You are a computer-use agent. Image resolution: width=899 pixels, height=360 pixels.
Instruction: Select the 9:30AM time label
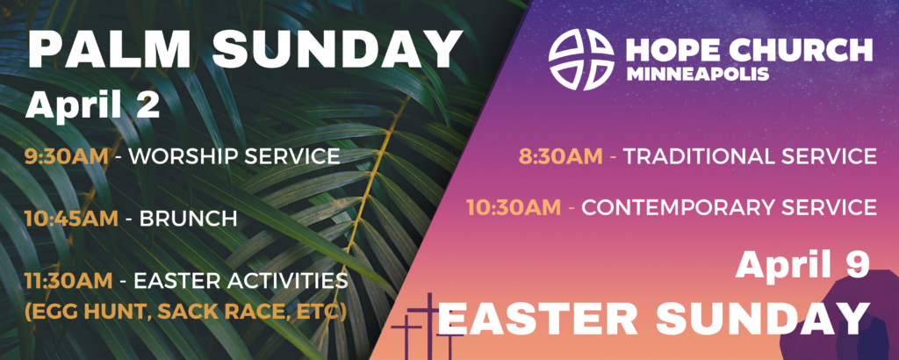(67, 156)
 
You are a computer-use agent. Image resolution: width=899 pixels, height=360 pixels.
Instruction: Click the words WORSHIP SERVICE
(234, 156)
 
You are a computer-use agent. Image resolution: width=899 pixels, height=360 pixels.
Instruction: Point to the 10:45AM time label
(71, 219)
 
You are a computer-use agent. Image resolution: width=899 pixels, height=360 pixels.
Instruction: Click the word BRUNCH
(188, 219)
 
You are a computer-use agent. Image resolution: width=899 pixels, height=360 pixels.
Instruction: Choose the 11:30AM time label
(68, 281)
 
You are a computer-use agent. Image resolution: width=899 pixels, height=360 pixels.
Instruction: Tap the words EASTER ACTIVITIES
(241, 281)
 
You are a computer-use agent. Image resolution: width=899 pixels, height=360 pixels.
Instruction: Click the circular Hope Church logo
(581, 60)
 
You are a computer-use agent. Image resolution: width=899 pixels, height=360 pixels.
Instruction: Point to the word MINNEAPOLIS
(698, 74)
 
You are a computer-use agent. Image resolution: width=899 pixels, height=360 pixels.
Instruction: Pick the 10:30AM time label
(514, 207)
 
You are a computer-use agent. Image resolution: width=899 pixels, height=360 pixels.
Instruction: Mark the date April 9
(802, 264)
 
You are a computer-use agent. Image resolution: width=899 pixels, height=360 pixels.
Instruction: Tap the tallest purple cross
(429, 326)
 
